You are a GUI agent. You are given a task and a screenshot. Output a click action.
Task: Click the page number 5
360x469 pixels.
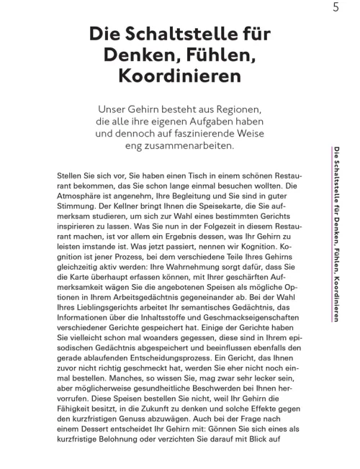point(336,9)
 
